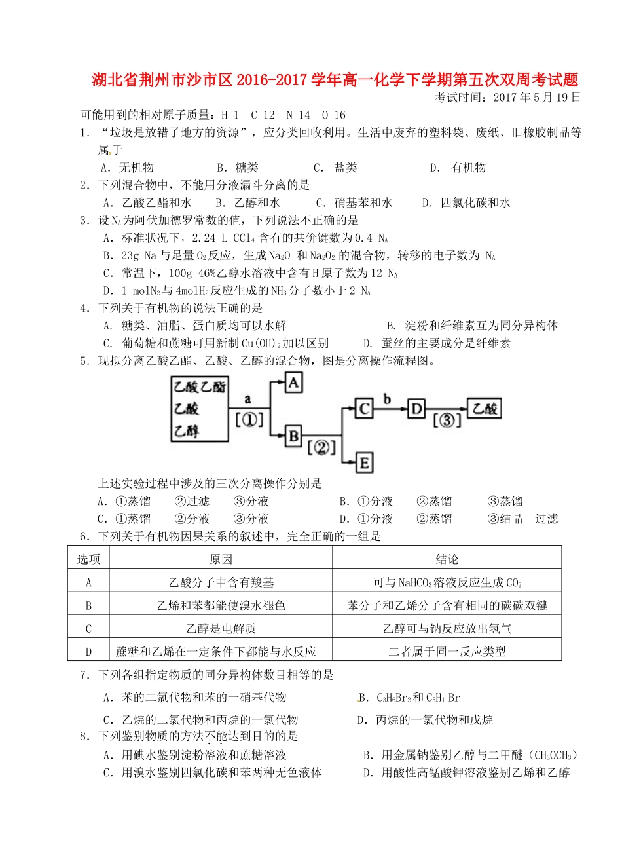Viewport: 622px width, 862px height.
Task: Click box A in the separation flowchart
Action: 294,382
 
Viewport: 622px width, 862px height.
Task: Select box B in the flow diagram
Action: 294,436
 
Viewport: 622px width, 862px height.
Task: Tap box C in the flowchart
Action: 364,409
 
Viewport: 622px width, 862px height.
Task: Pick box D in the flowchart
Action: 416,409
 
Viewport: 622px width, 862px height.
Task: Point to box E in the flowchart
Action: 364,463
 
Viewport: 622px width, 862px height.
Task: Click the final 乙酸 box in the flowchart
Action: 485,409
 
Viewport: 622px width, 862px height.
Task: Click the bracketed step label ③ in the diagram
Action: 445,421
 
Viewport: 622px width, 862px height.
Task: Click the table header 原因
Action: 221,559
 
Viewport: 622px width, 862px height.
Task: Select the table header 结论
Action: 447,559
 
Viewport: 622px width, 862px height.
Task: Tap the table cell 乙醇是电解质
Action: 221,629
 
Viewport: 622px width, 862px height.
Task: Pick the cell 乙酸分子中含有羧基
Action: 221,582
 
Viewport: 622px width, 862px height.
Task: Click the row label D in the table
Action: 88,652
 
